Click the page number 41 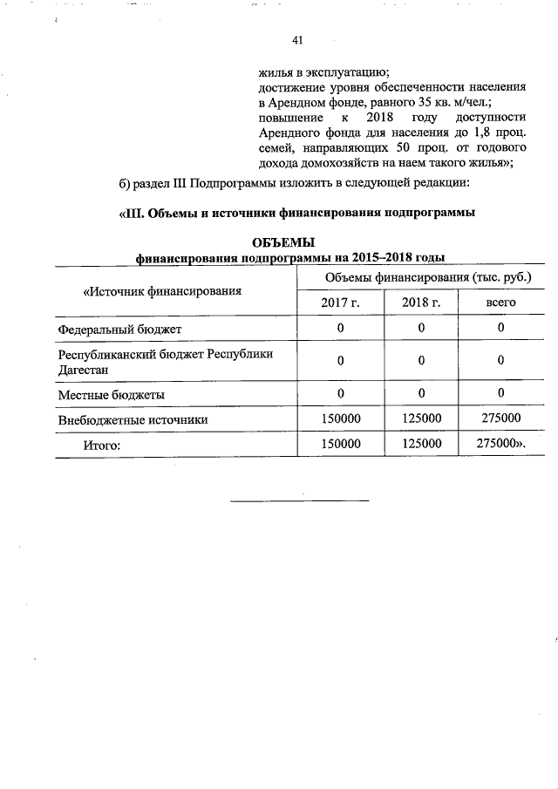pos(297,40)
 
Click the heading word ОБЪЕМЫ pos(282,242)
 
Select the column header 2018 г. pos(420,302)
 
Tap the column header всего pos(501,302)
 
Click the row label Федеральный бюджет pos(119,329)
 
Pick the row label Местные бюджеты pos(112,394)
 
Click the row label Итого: pos(100,445)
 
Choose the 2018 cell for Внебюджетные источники pos(421,418)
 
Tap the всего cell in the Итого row pos(501,444)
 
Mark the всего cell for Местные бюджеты pos(501,393)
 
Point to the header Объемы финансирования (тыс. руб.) pos(427,277)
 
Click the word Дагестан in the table pos(83,370)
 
